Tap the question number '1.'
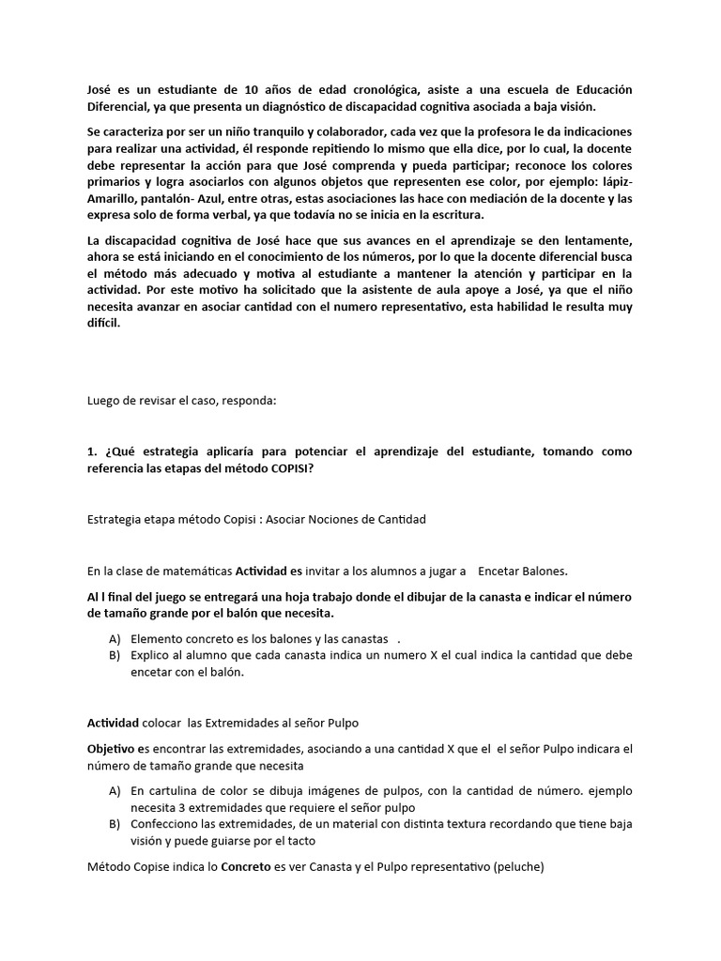(92, 452)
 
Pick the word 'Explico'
(153, 655)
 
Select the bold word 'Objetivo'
(114, 749)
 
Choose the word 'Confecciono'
(169, 823)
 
